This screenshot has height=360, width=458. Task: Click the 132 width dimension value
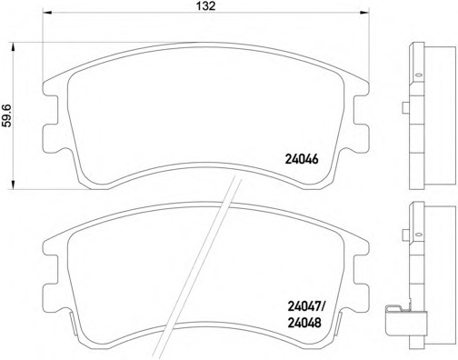click(x=206, y=5)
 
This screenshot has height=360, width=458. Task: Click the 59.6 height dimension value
click(x=6, y=115)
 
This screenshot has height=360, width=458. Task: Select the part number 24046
click(x=302, y=159)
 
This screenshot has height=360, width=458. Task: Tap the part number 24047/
click(x=305, y=307)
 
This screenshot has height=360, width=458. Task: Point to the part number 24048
click(x=304, y=323)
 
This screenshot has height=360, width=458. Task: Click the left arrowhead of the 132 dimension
click(x=47, y=13)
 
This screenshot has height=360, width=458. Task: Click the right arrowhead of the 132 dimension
click(x=364, y=13)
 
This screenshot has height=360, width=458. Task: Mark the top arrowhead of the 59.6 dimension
click(x=13, y=47)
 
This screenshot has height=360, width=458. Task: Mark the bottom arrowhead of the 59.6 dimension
click(x=13, y=185)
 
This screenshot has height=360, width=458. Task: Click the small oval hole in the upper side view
click(x=419, y=75)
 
